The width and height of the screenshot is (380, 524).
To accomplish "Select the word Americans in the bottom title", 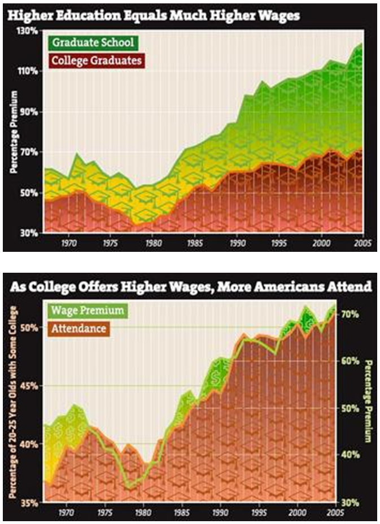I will (x=289, y=287).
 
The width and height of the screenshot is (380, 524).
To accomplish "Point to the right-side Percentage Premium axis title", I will (x=369, y=401).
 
